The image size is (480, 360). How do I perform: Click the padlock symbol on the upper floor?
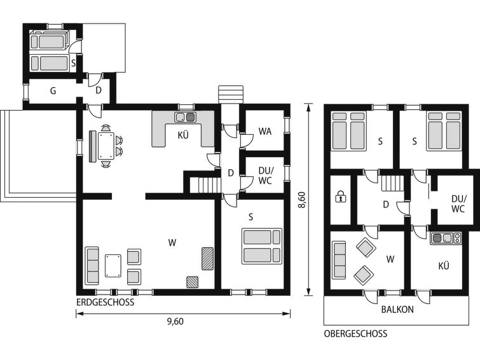pyautogui.click(x=340, y=197)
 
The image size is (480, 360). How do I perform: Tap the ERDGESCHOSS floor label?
pyautogui.click(x=106, y=302)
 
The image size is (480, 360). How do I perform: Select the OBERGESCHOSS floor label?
pyautogui.click(x=355, y=334)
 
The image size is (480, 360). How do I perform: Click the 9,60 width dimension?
pyautogui.click(x=175, y=321)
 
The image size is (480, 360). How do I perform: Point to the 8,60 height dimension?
pyautogui.click(x=302, y=200)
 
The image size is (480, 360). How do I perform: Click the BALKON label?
pyautogui.click(x=397, y=310)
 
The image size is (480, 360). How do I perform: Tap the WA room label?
pyautogui.click(x=265, y=132)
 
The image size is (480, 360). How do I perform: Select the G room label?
pyautogui.click(x=53, y=91)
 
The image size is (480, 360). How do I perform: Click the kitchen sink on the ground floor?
pyautogui.click(x=185, y=117)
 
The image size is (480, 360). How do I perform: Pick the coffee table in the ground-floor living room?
pyautogui.click(x=113, y=266)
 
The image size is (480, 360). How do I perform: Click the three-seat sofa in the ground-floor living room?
pyautogui.click(x=92, y=265)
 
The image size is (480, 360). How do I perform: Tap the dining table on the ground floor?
pyautogui.click(x=106, y=146)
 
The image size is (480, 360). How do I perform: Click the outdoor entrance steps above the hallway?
pyautogui.click(x=231, y=95)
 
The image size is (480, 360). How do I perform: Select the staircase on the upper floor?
pyautogui.click(x=392, y=183)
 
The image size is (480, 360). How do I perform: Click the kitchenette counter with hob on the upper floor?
pyautogui.click(x=446, y=238)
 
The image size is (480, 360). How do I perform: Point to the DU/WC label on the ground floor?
pyautogui.click(x=265, y=176)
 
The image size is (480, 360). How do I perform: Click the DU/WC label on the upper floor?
pyautogui.click(x=458, y=204)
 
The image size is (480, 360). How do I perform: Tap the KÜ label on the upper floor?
pyautogui.click(x=444, y=265)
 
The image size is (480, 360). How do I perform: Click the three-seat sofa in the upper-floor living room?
pyautogui.click(x=339, y=260)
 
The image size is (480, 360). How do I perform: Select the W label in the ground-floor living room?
pyautogui.click(x=172, y=243)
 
